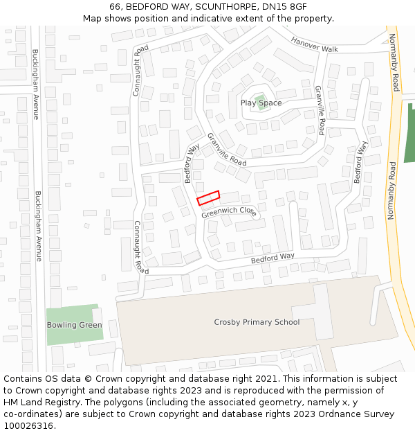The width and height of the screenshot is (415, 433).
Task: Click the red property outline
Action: tap(208, 198)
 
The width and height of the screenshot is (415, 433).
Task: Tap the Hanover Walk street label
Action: tap(314, 45)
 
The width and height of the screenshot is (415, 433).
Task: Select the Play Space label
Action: tap(261, 103)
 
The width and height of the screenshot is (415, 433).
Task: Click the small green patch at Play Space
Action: tap(260, 103)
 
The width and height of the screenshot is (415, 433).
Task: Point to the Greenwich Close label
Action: tap(229, 211)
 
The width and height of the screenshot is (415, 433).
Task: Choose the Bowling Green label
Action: tap(74, 325)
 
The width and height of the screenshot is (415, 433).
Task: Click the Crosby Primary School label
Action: tap(257, 321)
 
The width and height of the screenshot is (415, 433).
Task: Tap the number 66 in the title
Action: tap(115, 7)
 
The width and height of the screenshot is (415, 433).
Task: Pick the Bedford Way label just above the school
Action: tap(272, 258)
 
